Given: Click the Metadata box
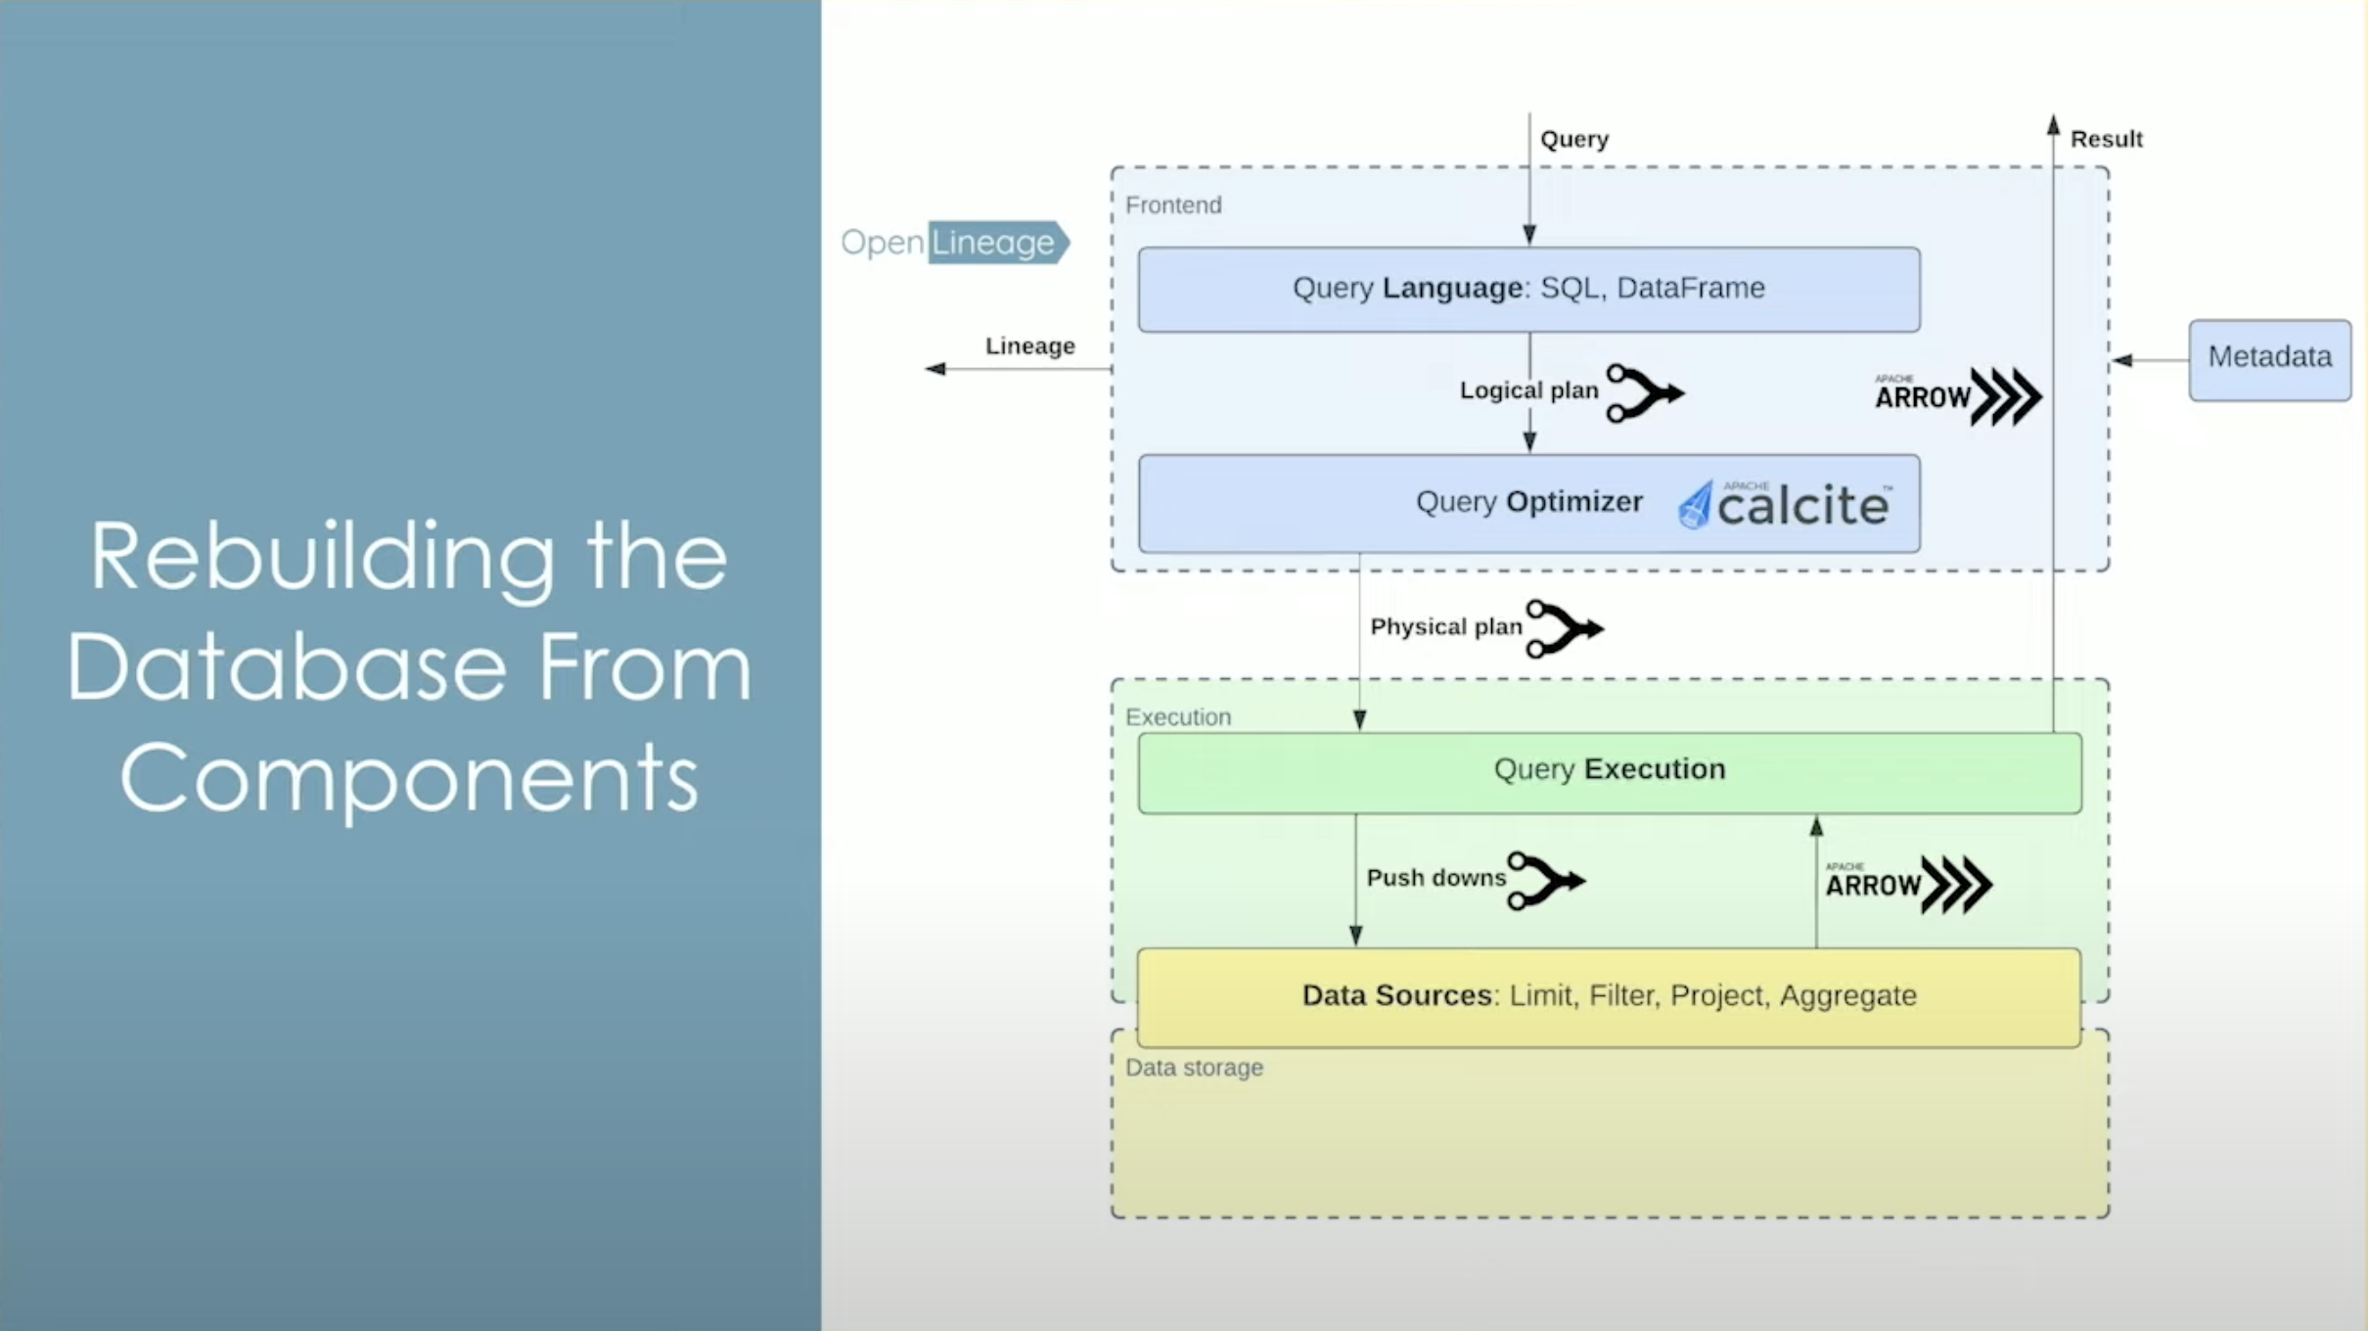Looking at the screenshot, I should tap(2269, 359).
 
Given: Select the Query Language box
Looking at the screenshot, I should tap(1528, 289).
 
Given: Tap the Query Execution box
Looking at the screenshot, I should tap(1609, 771).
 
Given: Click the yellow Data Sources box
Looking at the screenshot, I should tap(1609, 996).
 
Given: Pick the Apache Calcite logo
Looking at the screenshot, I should tap(1785, 504).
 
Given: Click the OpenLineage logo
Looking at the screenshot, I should tap(954, 242).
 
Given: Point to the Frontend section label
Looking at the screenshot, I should tap(1173, 206).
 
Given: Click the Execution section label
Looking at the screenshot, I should tap(1178, 717).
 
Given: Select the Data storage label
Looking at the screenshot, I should tap(1194, 1068).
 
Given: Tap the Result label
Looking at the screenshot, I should tap(2106, 139).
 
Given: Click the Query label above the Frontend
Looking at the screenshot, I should tap(1574, 139).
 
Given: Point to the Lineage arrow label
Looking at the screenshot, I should tap(1029, 345).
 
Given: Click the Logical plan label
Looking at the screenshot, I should tap(1528, 390).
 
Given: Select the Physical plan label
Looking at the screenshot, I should tap(1446, 626).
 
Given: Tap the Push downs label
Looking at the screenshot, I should tap(1435, 878).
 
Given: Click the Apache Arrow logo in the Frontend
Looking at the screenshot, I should tap(1957, 395).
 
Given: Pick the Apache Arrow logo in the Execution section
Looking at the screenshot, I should tap(1907, 884).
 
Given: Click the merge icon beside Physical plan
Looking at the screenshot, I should tap(1564, 628).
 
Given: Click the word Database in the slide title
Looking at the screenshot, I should tap(287, 667).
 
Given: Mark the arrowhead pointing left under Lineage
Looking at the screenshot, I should tap(935, 369).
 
